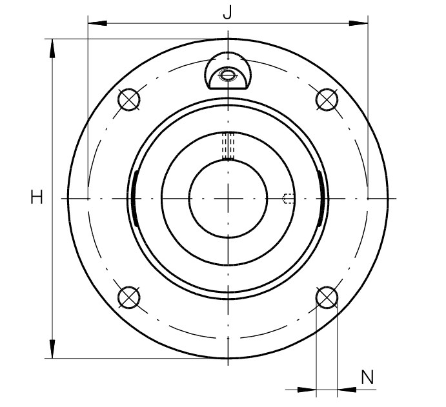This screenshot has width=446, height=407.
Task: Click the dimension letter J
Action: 228,12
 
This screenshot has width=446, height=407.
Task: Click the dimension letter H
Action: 37,197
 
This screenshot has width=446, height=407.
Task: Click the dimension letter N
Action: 367,377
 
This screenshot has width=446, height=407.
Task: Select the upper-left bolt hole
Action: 129,99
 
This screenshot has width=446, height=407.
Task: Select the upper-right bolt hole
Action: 327,99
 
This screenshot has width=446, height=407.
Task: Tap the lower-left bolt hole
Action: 129,297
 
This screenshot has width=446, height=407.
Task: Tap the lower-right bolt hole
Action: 327,297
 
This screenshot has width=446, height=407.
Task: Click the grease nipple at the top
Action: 228,70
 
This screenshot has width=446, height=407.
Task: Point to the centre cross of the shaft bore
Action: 228,199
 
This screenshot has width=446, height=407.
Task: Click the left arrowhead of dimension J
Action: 97,23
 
